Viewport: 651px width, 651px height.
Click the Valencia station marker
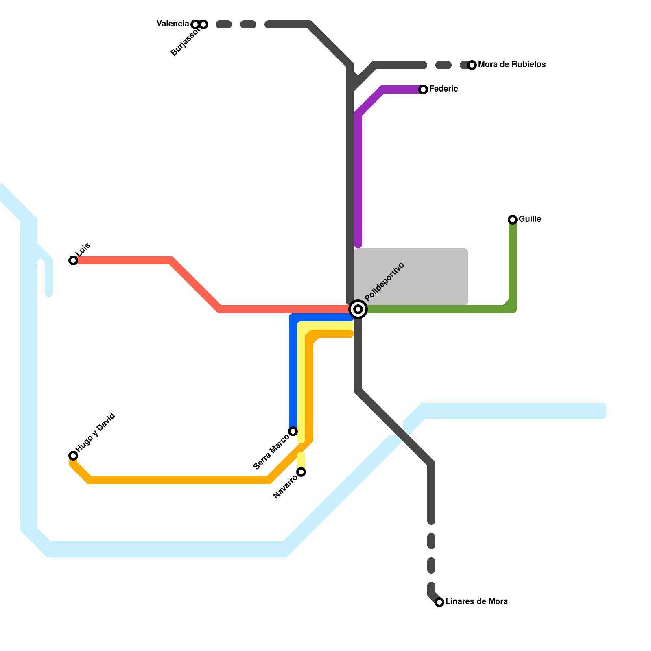[195, 24]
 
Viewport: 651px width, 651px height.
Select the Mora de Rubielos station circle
[472, 65]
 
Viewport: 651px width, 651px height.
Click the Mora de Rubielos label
[512, 65]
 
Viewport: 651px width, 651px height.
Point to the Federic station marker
[423, 90]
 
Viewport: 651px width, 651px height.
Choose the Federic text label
[443, 89]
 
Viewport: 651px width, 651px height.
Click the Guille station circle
[513, 220]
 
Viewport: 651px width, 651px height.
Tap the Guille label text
[530, 219]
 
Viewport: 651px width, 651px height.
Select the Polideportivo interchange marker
[358, 309]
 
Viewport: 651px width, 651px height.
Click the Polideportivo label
[384, 282]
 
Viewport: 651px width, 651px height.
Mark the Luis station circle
[73, 260]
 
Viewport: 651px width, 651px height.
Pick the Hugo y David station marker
[73, 456]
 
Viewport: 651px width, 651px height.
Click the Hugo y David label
[96, 433]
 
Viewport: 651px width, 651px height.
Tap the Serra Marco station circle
[293, 431]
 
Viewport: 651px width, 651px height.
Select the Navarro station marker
[301, 472]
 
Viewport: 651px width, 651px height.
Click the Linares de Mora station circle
[439, 602]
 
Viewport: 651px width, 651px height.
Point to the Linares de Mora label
[476, 602]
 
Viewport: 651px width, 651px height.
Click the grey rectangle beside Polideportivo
[411, 277]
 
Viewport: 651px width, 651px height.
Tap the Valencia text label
[173, 24]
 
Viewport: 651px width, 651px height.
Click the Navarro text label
[285, 487]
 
